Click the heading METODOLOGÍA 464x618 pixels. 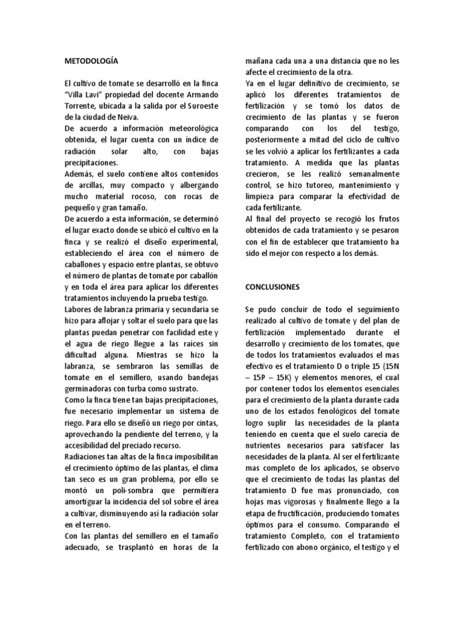point(91,61)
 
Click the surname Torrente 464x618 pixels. point(82,107)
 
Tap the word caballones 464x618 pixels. point(85,264)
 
